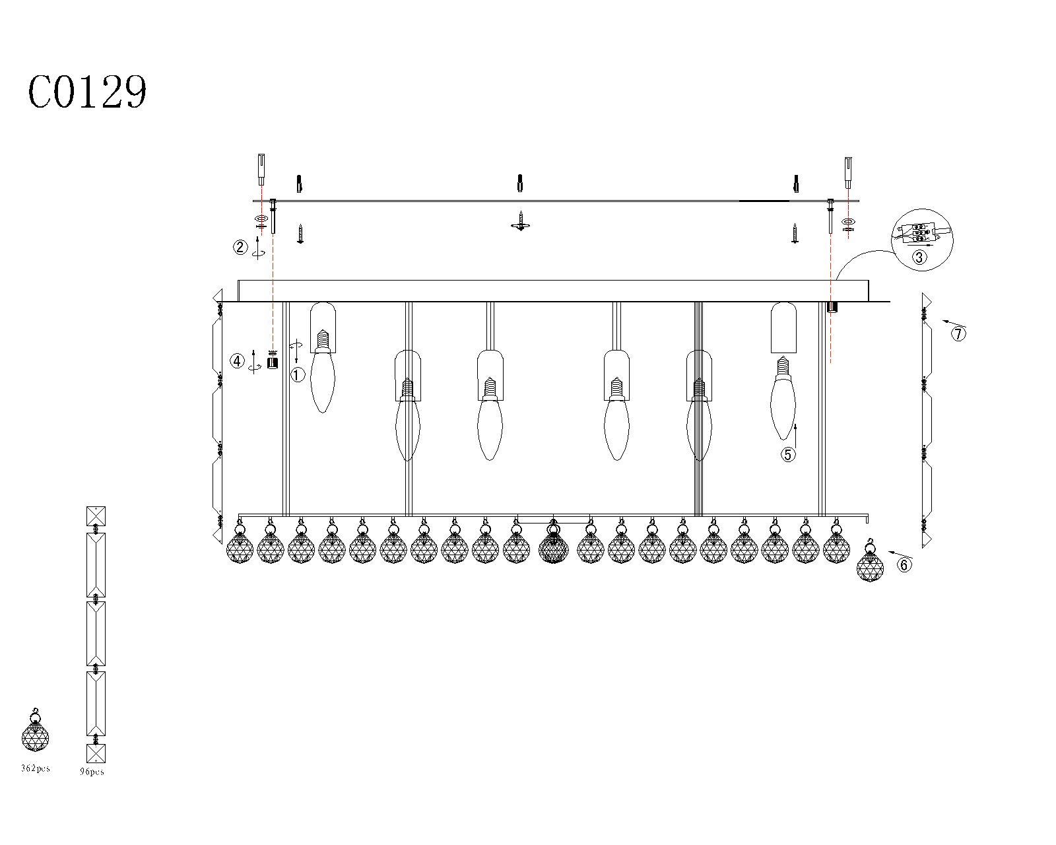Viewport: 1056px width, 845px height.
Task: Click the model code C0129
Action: pyautogui.click(x=87, y=92)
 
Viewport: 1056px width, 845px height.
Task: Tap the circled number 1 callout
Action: pyautogui.click(x=298, y=375)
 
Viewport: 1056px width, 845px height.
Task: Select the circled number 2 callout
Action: pyautogui.click(x=240, y=247)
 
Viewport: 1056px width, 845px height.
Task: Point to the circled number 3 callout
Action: pyautogui.click(x=919, y=257)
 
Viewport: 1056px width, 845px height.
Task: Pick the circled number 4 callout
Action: pyautogui.click(x=238, y=361)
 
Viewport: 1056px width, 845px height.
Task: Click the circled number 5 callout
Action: pyautogui.click(x=788, y=455)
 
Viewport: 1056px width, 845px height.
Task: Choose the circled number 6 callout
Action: pyautogui.click(x=904, y=565)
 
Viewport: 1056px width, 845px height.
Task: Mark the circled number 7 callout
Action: pyautogui.click(x=958, y=334)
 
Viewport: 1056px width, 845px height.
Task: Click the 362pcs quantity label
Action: pyautogui.click(x=36, y=768)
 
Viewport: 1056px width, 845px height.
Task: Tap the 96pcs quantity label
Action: pyautogui.click(x=92, y=771)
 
